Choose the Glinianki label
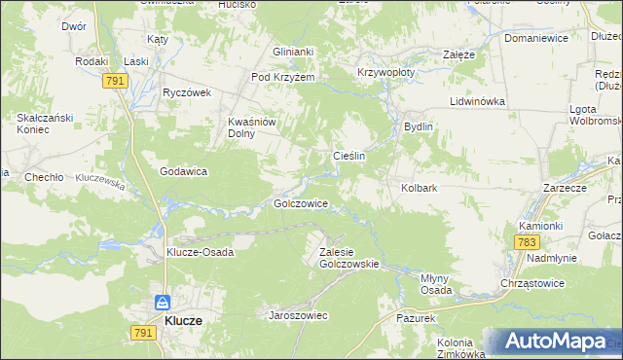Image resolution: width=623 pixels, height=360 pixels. tap(293, 53)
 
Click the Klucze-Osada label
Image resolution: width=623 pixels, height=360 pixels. tap(199, 251)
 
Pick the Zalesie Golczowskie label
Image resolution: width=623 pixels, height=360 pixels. tap(348, 258)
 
